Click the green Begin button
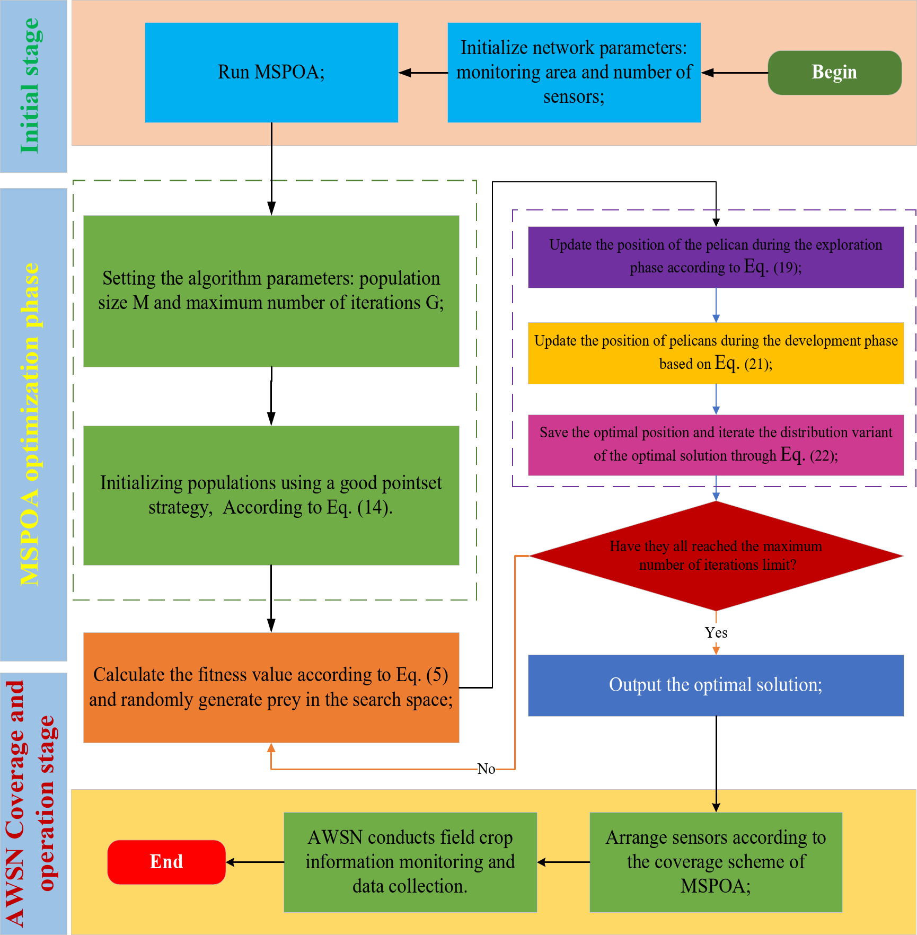(x=834, y=73)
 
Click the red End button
(x=166, y=862)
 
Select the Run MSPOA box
(x=271, y=73)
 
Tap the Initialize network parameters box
(x=574, y=73)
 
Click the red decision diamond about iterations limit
(x=716, y=555)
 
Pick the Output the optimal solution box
(x=716, y=685)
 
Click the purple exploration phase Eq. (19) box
(x=716, y=257)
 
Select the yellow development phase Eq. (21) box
(x=716, y=353)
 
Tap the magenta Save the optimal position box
(x=716, y=445)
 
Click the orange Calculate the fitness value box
(x=271, y=687)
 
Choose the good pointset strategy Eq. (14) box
(x=271, y=496)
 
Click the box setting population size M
(x=271, y=291)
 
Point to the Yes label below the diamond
(x=716, y=633)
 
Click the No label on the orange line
(x=486, y=769)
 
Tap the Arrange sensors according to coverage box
(x=716, y=862)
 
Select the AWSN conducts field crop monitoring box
(x=410, y=862)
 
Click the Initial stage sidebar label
(x=31, y=86)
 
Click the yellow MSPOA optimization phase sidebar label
(x=31, y=424)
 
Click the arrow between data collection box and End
(x=255, y=862)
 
